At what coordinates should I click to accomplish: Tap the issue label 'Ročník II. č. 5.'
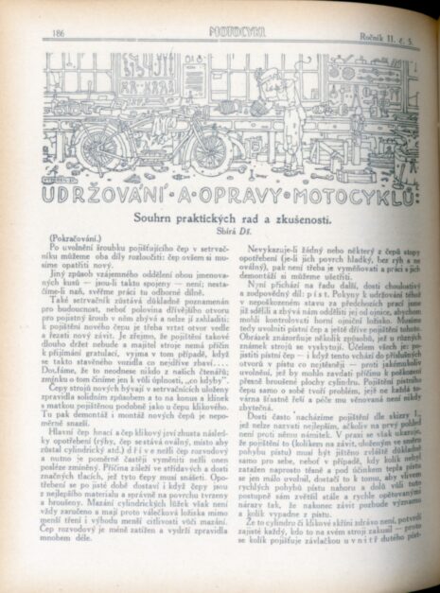tap(386, 32)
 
